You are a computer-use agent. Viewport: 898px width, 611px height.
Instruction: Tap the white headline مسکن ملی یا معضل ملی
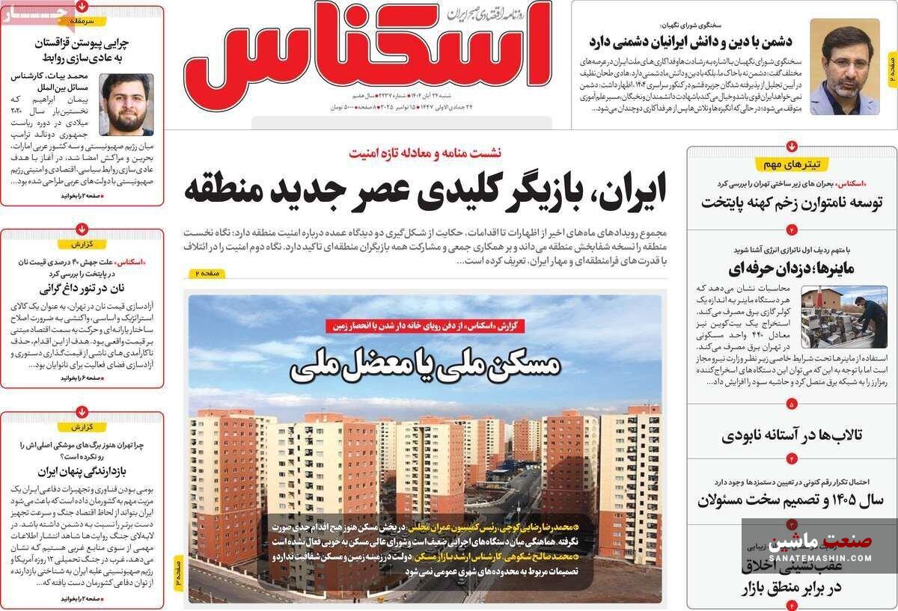424,366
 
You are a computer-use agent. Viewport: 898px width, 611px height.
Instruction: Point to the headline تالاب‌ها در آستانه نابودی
792,435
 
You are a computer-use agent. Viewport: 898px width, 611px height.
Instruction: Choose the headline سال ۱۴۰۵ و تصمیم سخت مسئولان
792,500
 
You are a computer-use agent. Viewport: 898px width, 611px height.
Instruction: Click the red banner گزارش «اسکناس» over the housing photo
424,325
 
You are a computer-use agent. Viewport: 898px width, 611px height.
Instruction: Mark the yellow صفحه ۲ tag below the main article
204,274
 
